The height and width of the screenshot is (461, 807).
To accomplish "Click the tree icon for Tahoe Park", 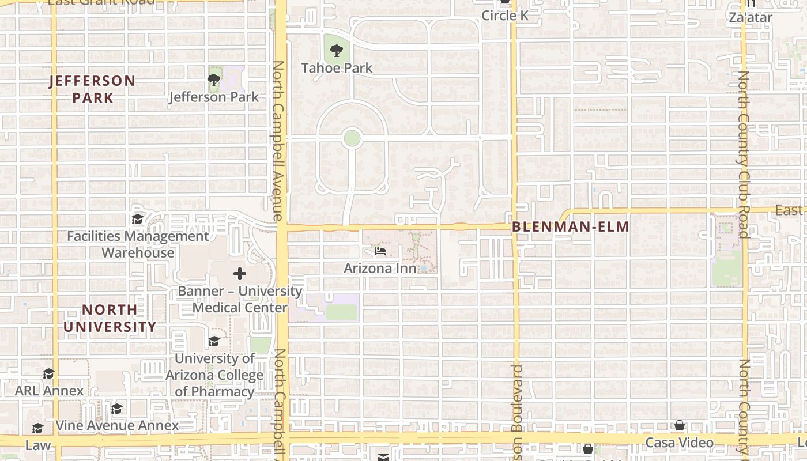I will [x=336, y=51].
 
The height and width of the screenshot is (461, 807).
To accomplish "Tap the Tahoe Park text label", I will [x=337, y=68].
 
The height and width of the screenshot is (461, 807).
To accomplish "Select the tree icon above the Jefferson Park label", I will [x=214, y=80].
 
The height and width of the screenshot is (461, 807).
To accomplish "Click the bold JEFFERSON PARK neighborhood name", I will [x=92, y=89].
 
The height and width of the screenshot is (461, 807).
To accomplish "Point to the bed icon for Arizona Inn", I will [x=380, y=251].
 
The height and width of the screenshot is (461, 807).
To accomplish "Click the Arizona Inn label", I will [x=380, y=269].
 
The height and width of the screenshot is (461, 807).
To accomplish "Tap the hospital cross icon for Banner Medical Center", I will [x=240, y=274].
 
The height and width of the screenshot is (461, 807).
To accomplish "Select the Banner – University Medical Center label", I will [x=240, y=299].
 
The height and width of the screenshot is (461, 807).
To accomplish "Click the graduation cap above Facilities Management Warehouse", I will [x=138, y=220].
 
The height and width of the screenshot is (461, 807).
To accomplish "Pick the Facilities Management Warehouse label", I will [x=138, y=244].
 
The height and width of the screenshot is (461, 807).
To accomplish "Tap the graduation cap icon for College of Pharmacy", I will [x=214, y=341].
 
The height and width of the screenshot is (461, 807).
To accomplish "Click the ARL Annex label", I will [x=50, y=391].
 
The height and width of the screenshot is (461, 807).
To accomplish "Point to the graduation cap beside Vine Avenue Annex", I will [x=117, y=409].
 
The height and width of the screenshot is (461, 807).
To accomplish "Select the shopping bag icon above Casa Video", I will [x=680, y=426].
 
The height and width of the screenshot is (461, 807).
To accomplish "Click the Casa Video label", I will [x=679, y=443].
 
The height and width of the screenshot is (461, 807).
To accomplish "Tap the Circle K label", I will [x=505, y=16].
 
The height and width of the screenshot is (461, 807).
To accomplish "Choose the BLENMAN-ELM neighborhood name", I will [x=571, y=227].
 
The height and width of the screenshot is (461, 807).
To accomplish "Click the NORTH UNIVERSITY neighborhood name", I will [x=110, y=318].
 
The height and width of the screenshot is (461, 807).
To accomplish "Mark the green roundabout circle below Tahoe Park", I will [x=352, y=138].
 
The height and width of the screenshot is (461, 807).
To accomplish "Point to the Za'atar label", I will [x=750, y=17].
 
